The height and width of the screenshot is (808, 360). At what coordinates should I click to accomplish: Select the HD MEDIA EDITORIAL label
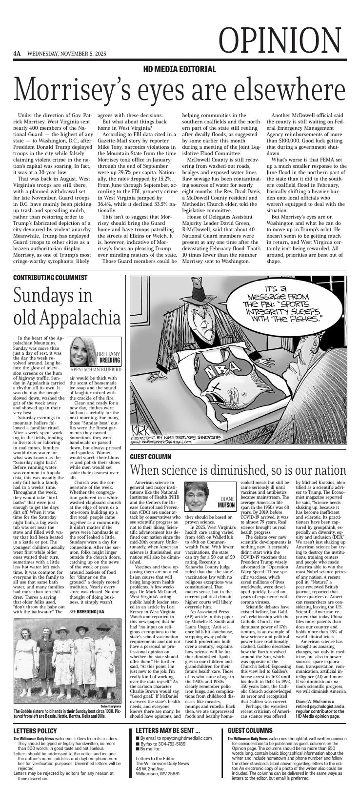coord(180,69)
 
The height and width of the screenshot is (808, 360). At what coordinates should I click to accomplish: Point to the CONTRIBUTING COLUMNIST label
coord(50,278)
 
